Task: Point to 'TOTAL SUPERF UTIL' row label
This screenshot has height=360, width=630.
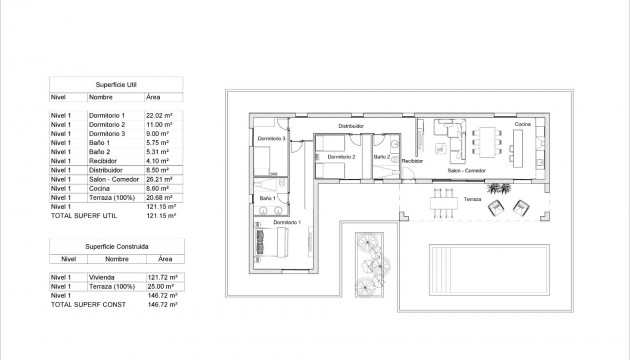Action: click(x=77, y=216)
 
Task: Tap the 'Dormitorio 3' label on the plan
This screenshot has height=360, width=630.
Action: click(x=271, y=138)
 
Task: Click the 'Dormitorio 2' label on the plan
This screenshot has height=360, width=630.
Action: click(x=341, y=157)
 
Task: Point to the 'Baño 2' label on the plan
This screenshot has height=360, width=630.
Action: click(x=381, y=157)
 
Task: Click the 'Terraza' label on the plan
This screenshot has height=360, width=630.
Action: click(x=472, y=199)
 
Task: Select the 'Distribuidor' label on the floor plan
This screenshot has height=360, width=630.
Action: click(x=349, y=126)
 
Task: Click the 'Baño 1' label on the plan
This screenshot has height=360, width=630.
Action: click(x=266, y=199)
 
